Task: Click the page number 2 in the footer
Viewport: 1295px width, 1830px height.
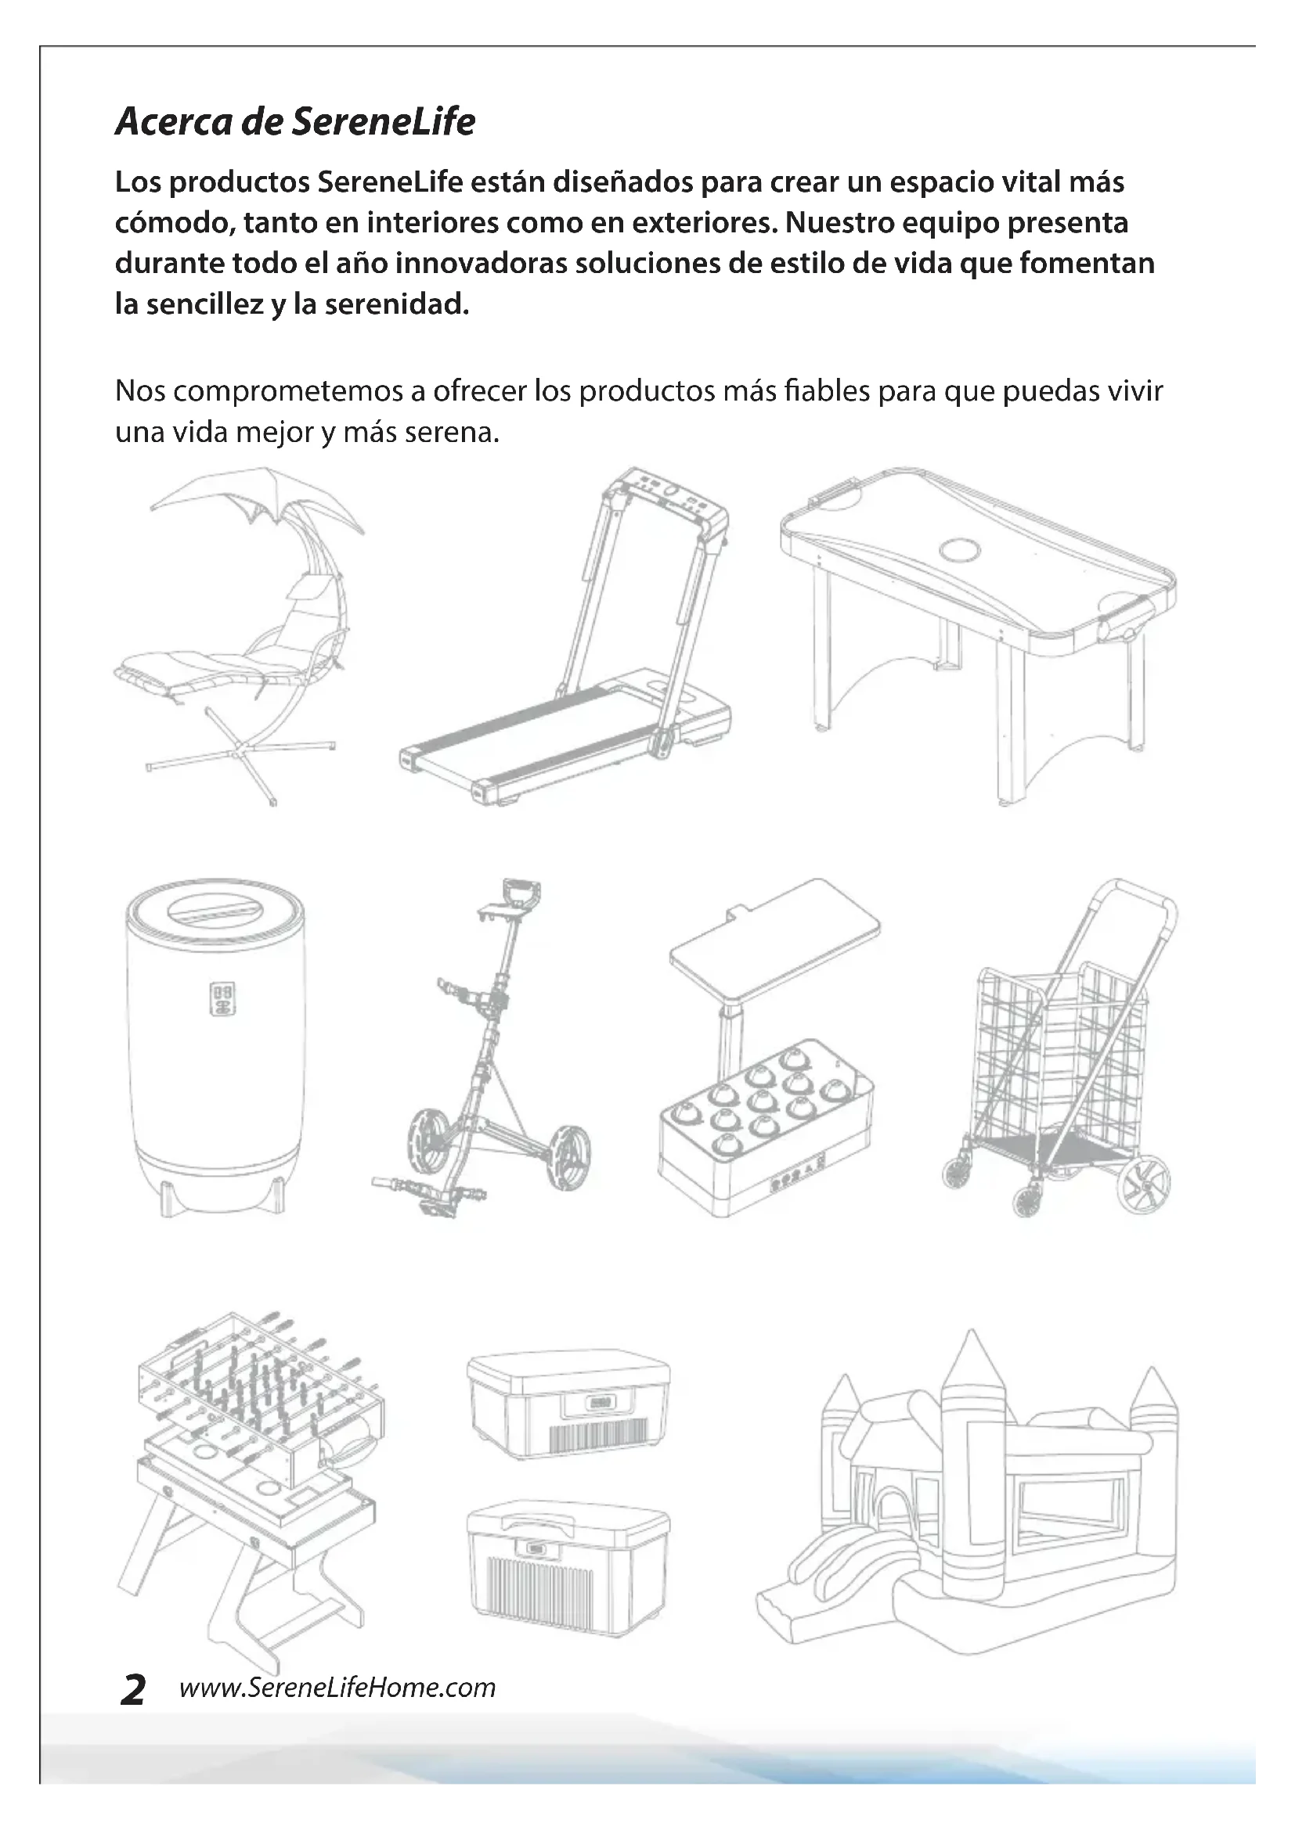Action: (x=133, y=1690)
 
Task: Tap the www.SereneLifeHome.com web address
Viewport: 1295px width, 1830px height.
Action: (x=337, y=1688)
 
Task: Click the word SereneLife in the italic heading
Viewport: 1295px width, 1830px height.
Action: (x=384, y=121)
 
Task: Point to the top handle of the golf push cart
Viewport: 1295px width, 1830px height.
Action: (x=521, y=890)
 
